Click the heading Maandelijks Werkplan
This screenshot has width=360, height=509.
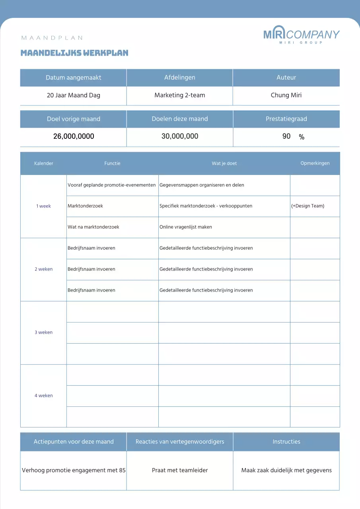click(x=74, y=53)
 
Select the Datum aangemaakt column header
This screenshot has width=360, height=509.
click(x=73, y=78)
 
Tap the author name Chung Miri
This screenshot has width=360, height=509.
click(x=286, y=95)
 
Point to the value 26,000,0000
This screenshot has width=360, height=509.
click(x=74, y=136)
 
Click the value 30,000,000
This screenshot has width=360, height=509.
click(x=180, y=136)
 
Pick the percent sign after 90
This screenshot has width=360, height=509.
click(x=302, y=137)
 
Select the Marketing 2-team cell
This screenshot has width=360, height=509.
click(x=180, y=95)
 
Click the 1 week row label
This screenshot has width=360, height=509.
click(x=43, y=206)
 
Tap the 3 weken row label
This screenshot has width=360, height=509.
click(x=43, y=332)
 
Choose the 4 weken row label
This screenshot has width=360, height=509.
click(x=43, y=396)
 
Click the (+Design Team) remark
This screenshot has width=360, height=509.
click(x=307, y=206)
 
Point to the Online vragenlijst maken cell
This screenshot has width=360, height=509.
click(x=186, y=227)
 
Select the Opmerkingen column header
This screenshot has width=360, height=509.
click(x=315, y=163)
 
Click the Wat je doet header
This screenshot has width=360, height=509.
click(x=224, y=163)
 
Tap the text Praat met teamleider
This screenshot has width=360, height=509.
click(x=180, y=470)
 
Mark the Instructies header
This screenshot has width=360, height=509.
click(x=286, y=441)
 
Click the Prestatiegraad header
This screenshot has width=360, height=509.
click(x=286, y=119)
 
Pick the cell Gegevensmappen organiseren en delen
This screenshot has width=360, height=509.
click(x=202, y=185)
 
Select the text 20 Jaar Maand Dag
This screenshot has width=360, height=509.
click(x=73, y=95)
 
